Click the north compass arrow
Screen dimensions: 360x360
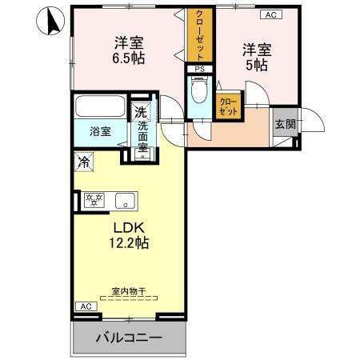click(50, 21)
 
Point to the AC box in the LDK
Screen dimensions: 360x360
click(85, 306)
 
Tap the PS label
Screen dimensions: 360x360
click(198, 70)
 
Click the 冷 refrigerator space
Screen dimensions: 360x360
click(83, 161)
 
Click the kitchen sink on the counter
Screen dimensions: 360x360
click(123, 200)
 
